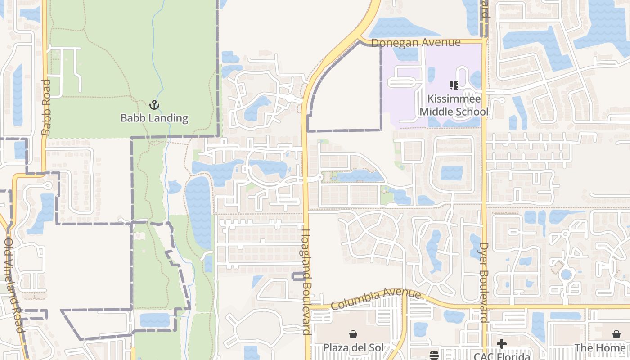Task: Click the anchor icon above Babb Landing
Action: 154,105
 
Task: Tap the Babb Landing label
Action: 154,118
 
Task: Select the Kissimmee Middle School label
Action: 454,105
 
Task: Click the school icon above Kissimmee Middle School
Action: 454,85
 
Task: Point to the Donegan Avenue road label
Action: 416,42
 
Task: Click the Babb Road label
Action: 46,108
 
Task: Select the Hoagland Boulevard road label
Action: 306,282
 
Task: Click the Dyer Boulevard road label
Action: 484,283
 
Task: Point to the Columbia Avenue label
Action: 376,298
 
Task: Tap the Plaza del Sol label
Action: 354,348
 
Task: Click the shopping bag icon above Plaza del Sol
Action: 353,334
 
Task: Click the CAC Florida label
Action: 501,356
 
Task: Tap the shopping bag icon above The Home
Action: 616,334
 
